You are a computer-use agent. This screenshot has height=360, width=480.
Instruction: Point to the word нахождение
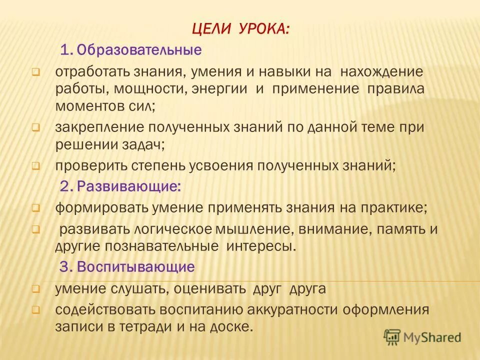(x=381, y=72)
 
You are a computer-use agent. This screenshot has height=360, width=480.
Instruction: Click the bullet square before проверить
(x=36, y=166)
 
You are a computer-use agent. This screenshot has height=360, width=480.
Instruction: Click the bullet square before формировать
(x=36, y=207)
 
